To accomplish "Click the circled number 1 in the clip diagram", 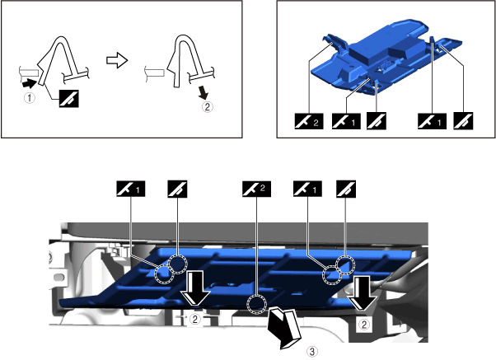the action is [x=30, y=97].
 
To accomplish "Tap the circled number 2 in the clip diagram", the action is [x=207, y=106].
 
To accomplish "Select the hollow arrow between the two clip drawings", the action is [x=117, y=60].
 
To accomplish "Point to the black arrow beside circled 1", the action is [x=28, y=83].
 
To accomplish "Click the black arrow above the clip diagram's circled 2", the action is [x=203, y=92].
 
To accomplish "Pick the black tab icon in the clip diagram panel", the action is [x=69, y=98].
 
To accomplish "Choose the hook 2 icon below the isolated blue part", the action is [x=309, y=121].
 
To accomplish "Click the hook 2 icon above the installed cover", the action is [x=256, y=189].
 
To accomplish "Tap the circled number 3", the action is [x=312, y=351].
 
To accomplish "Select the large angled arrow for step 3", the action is [x=283, y=328].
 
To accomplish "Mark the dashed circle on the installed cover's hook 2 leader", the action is [x=256, y=304].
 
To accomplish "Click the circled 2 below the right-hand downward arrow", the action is [x=364, y=324].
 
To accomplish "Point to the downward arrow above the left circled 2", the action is [x=194, y=288].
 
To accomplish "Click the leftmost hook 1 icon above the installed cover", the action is [x=131, y=189].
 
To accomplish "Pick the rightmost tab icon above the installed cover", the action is [x=346, y=189].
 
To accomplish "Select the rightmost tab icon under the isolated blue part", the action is [x=463, y=121].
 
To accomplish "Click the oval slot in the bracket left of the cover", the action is [x=59, y=277].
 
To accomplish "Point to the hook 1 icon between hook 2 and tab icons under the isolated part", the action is [x=346, y=121].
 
